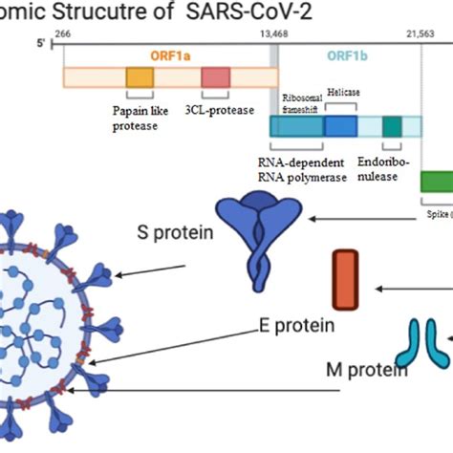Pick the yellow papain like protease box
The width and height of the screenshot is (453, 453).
click(x=140, y=78)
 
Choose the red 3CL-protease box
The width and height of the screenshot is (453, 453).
click(x=215, y=78)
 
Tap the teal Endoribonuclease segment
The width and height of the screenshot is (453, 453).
click(x=392, y=126)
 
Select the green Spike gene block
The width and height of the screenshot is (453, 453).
click(x=437, y=182)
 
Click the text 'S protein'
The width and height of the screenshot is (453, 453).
click(x=176, y=231)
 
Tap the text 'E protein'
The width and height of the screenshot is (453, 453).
click(x=296, y=325)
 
